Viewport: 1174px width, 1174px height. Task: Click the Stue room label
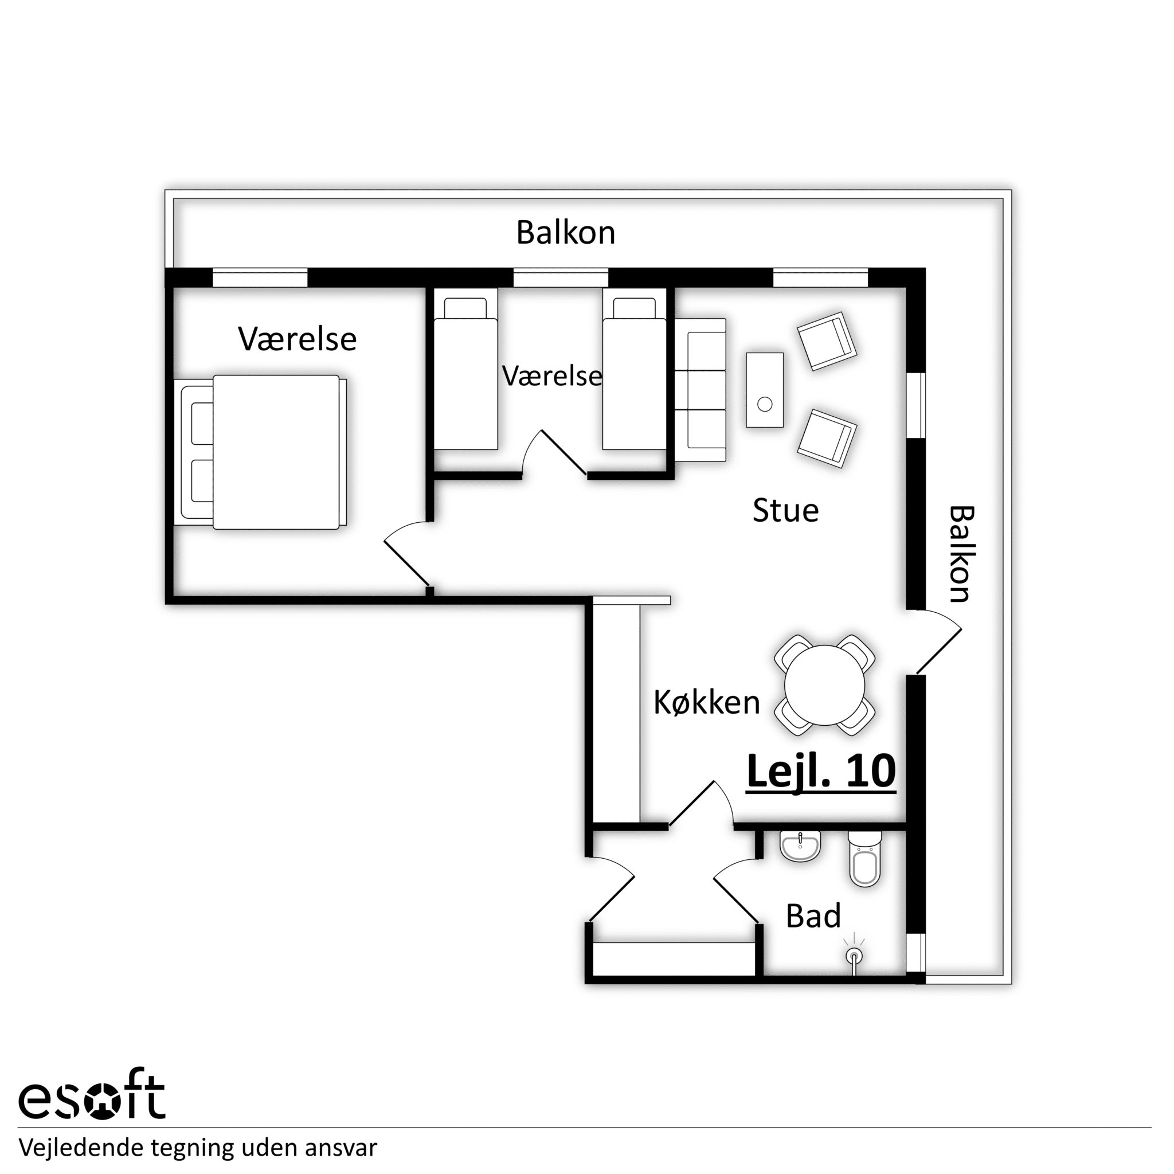click(x=785, y=511)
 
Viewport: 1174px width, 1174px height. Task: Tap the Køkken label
click(x=707, y=702)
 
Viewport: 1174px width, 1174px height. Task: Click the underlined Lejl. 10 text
click(x=821, y=771)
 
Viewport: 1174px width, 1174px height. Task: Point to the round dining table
click(x=824, y=685)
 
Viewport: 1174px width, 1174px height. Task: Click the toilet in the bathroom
click(x=864, y=859)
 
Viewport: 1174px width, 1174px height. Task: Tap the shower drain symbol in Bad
click(x=854, y=957)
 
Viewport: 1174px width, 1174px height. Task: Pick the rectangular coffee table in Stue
click(x=765, y=389)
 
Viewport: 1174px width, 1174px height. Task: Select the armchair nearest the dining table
click(x=827, y=438)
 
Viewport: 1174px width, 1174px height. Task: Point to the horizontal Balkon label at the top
click(x=566, y=233)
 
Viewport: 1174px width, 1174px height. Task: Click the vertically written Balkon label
click(x=961, y=554)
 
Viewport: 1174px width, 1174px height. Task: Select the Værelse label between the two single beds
click(x=552, y=376)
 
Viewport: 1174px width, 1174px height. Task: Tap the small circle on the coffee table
click(x=765, y=404)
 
